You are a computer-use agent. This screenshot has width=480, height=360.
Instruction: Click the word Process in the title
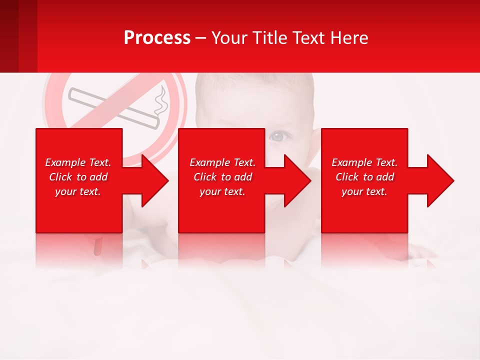tap(157, 38)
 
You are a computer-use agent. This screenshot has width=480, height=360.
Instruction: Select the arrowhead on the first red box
tap(152, 181)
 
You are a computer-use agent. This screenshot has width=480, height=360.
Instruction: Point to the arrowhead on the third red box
tap(438, 181)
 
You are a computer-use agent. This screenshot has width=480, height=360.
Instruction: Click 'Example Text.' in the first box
tap(78, 162)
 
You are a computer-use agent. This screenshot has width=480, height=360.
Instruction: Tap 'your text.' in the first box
tap(78, 191)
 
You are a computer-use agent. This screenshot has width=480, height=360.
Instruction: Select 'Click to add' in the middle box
tap(222, 177)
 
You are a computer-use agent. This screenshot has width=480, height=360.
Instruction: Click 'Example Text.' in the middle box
tap(222, 162)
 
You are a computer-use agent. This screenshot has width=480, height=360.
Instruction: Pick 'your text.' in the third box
tap(364, 191)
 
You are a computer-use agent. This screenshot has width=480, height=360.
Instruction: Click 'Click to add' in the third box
tap(364, 177)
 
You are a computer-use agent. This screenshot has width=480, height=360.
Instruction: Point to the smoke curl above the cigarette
tap(160, 102)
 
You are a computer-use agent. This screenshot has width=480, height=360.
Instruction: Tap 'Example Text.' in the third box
tap(364, 162)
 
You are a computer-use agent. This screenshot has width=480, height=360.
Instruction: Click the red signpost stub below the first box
tap(98, 246)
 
